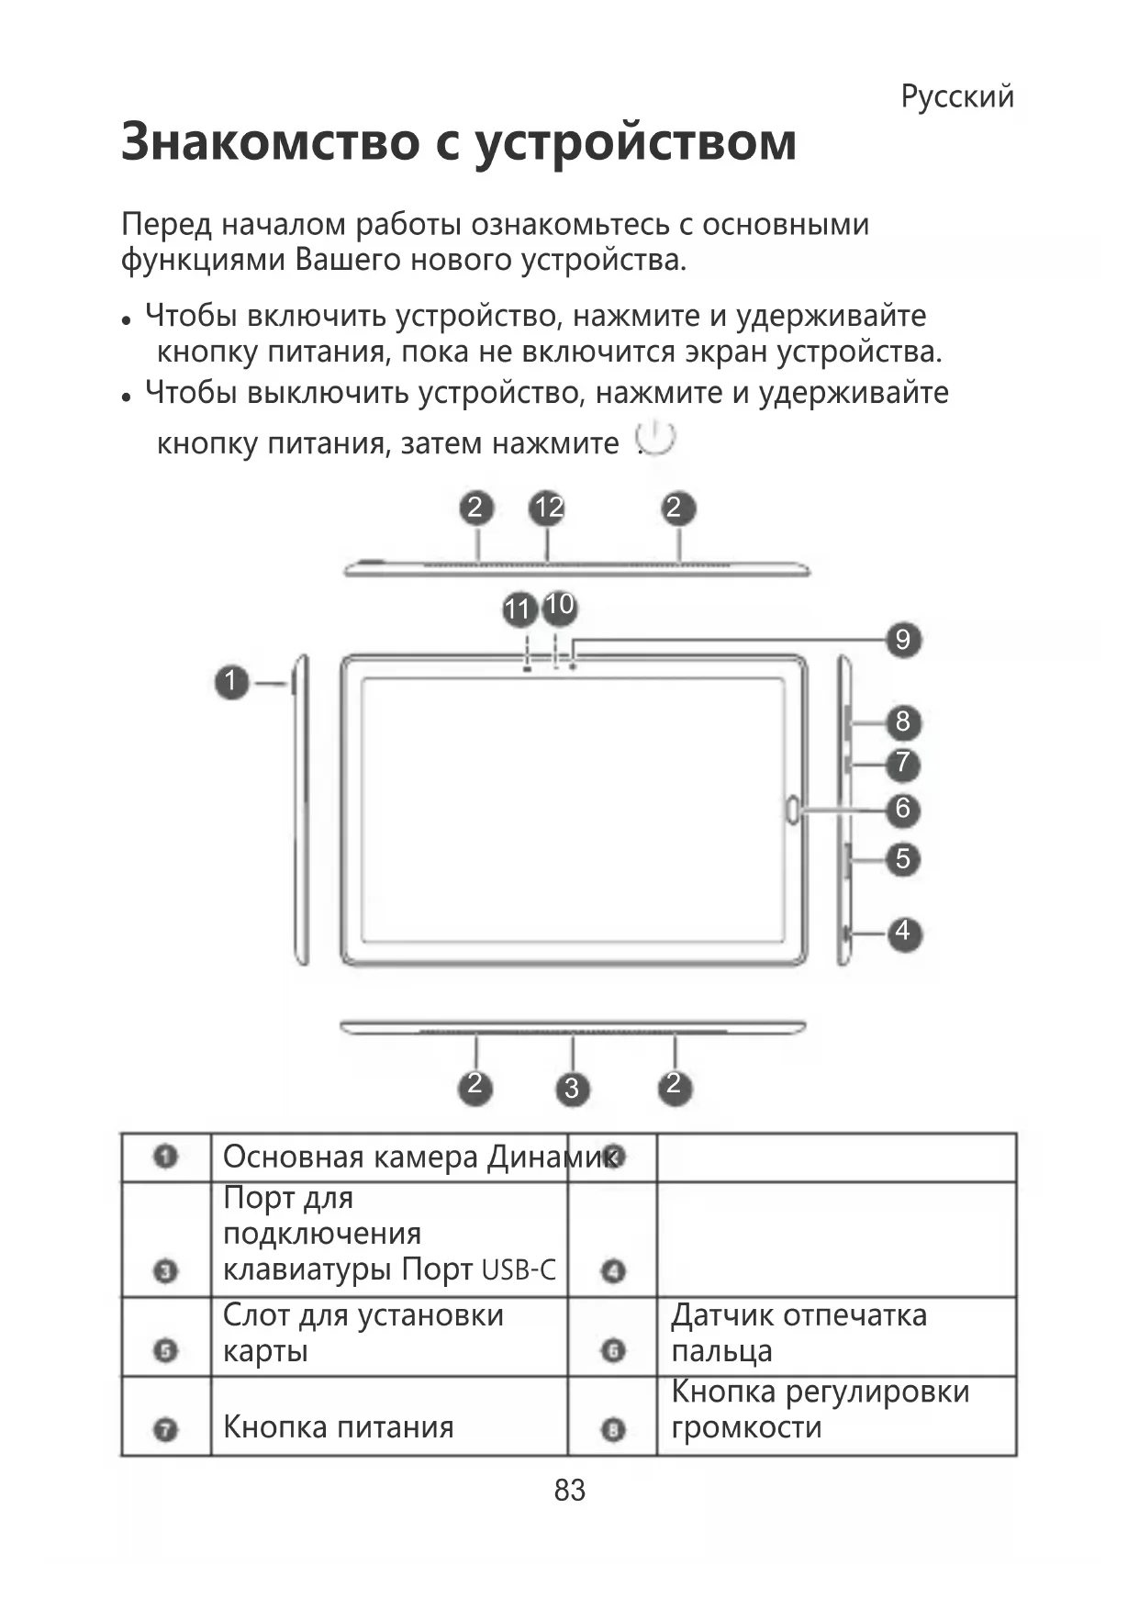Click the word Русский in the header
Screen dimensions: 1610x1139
[957, 96]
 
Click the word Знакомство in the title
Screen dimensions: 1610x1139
[269, 142]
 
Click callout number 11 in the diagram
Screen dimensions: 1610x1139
[519, 609]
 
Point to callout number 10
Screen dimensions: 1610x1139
[559, 605]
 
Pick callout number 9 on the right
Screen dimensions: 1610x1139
[903, 639]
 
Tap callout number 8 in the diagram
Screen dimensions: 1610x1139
[903, 721]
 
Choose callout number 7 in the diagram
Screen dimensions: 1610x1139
[903, 763]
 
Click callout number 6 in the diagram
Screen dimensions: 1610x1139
[903, 809]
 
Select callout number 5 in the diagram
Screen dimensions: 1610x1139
[903, 859]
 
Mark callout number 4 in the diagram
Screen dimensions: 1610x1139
[903, 932]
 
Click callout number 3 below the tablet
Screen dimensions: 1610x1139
[572, 1089]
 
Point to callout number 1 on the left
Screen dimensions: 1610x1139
[231, 682]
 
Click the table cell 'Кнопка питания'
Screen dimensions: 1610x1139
[338, 1427]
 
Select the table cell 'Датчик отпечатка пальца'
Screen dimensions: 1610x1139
[798, 1333]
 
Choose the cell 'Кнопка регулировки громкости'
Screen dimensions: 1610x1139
[819, 1409]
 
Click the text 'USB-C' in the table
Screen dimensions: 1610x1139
[519, 1270]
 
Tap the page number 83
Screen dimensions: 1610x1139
[570, 1490]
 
